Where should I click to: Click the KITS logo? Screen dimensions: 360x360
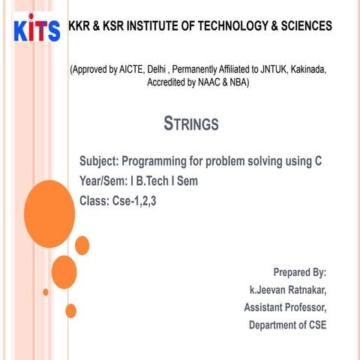[37, 28]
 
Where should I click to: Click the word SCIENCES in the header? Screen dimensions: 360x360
[307, 25]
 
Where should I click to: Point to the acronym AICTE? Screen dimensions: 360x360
[132, 70]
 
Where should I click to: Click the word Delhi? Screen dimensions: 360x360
[157, 70]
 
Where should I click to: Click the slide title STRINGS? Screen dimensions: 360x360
[191, 124]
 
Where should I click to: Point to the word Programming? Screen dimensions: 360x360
[154, 161]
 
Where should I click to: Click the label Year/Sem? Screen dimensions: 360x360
[103, 181]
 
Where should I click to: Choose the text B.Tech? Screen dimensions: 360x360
[152, 181]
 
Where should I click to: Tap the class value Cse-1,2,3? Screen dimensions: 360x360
[134, 201]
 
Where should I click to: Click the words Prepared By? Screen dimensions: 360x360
[300, 272]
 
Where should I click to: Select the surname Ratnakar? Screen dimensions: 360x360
[307, 290]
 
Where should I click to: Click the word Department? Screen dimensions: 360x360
[273, 325]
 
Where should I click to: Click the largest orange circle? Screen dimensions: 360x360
[49, 214]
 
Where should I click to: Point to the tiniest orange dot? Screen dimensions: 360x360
[46, 292]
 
